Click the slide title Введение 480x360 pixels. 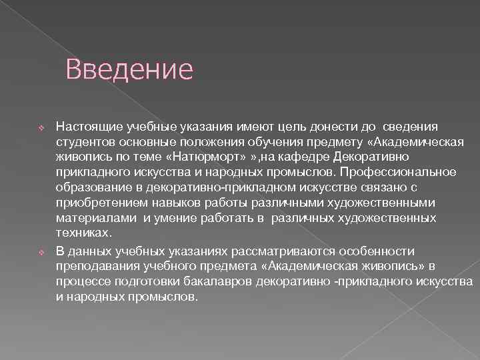129,69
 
